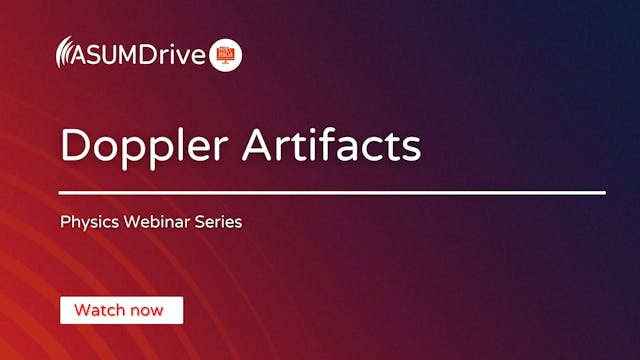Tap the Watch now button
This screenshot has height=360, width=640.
tap(121, 310)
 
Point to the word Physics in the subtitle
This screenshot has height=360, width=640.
tap(87, 222)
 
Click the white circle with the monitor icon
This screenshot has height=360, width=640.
tap(226, 55)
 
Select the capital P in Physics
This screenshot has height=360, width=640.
tap(65, 221)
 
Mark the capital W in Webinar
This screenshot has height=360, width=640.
tap(130, 221)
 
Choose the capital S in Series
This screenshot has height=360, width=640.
tap(200, 221)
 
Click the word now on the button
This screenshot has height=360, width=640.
tap(146, 310)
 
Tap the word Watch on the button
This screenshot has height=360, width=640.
tap(100, 310)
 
